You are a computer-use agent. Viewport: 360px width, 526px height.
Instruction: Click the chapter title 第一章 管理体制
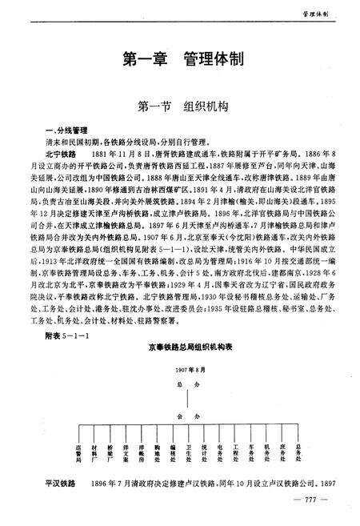180,60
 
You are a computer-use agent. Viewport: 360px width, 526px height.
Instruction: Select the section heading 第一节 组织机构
179,105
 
